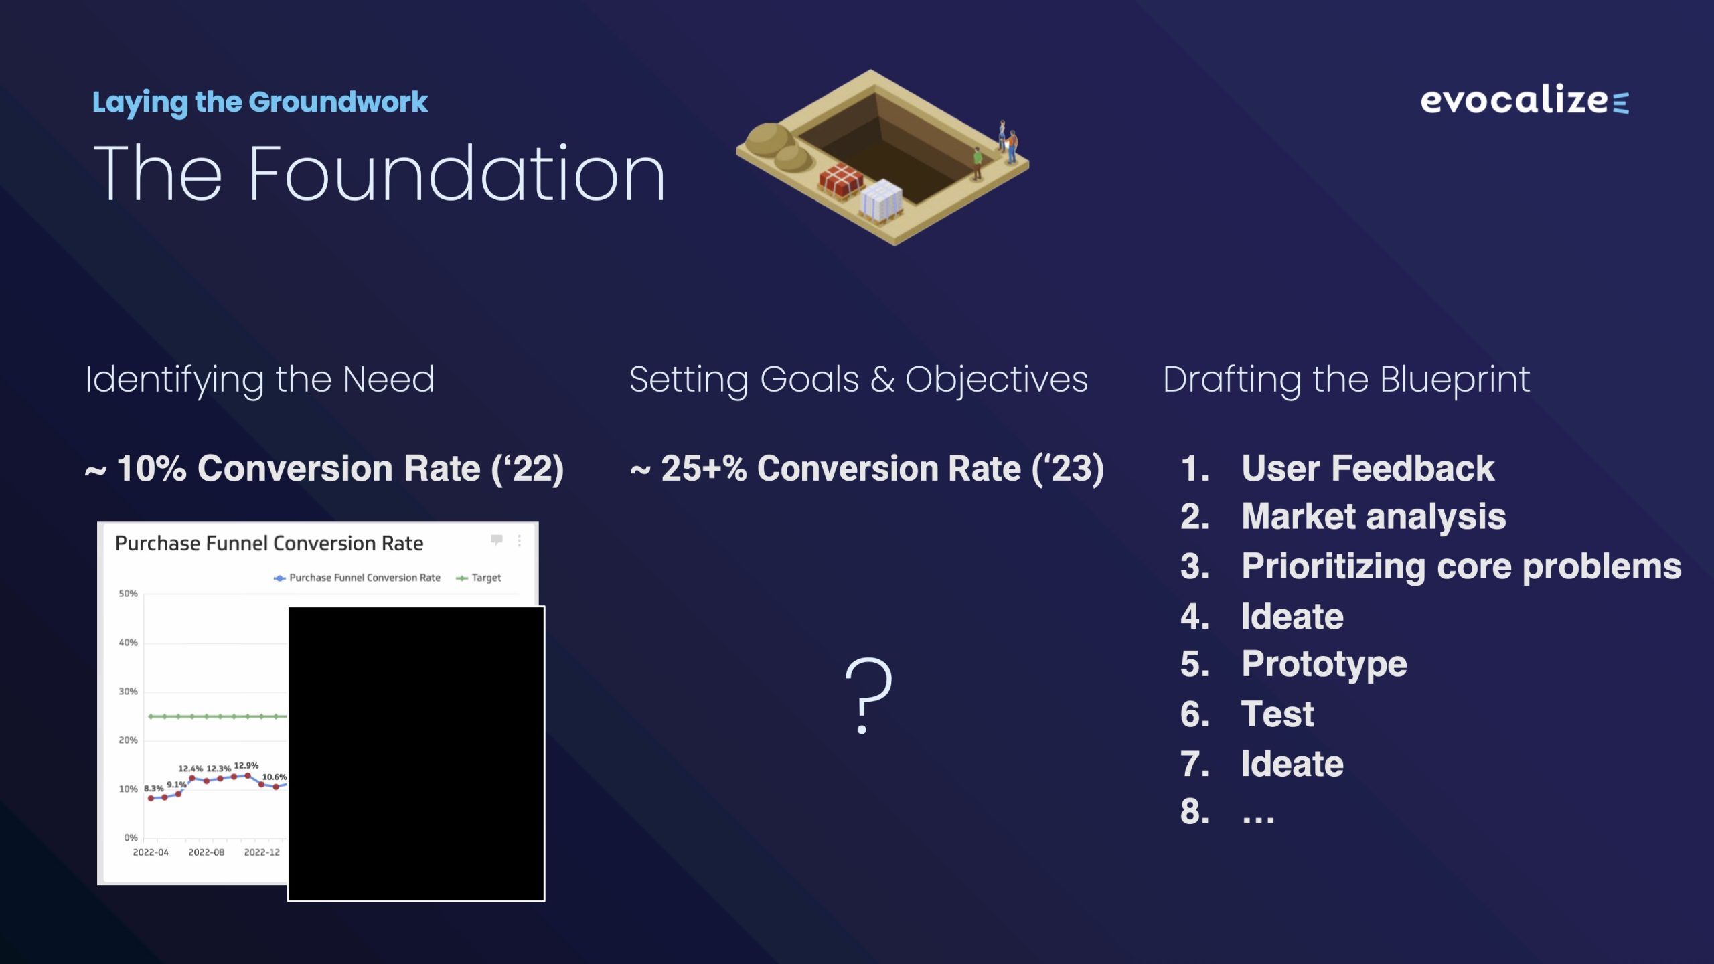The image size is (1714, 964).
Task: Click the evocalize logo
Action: [1525, 100]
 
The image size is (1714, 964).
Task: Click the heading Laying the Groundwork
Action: [260, 103]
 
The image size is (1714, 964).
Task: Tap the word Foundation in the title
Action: [457, 174]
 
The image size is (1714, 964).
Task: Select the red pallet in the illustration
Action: [841, 181]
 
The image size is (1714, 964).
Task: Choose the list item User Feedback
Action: [1368, 468]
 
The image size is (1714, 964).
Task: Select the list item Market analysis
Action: [1374, 517]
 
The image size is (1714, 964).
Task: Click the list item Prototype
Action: [1324, 665]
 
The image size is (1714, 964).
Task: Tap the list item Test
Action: [1277, 714]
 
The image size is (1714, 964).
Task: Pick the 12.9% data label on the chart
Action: [246, 765]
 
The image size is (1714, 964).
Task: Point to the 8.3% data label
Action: [154, 789]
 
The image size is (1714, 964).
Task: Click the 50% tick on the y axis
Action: [128, 594]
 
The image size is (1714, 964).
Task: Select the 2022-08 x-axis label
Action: [206, 852]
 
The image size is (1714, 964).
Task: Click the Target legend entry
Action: [479, 578]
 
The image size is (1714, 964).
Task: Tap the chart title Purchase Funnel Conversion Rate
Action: [269, 543]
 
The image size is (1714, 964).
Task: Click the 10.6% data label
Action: [275, 777]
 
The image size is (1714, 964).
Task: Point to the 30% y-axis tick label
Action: [128, 692]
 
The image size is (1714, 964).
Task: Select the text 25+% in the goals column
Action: [704, 468]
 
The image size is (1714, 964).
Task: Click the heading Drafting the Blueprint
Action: [1346, 380]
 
